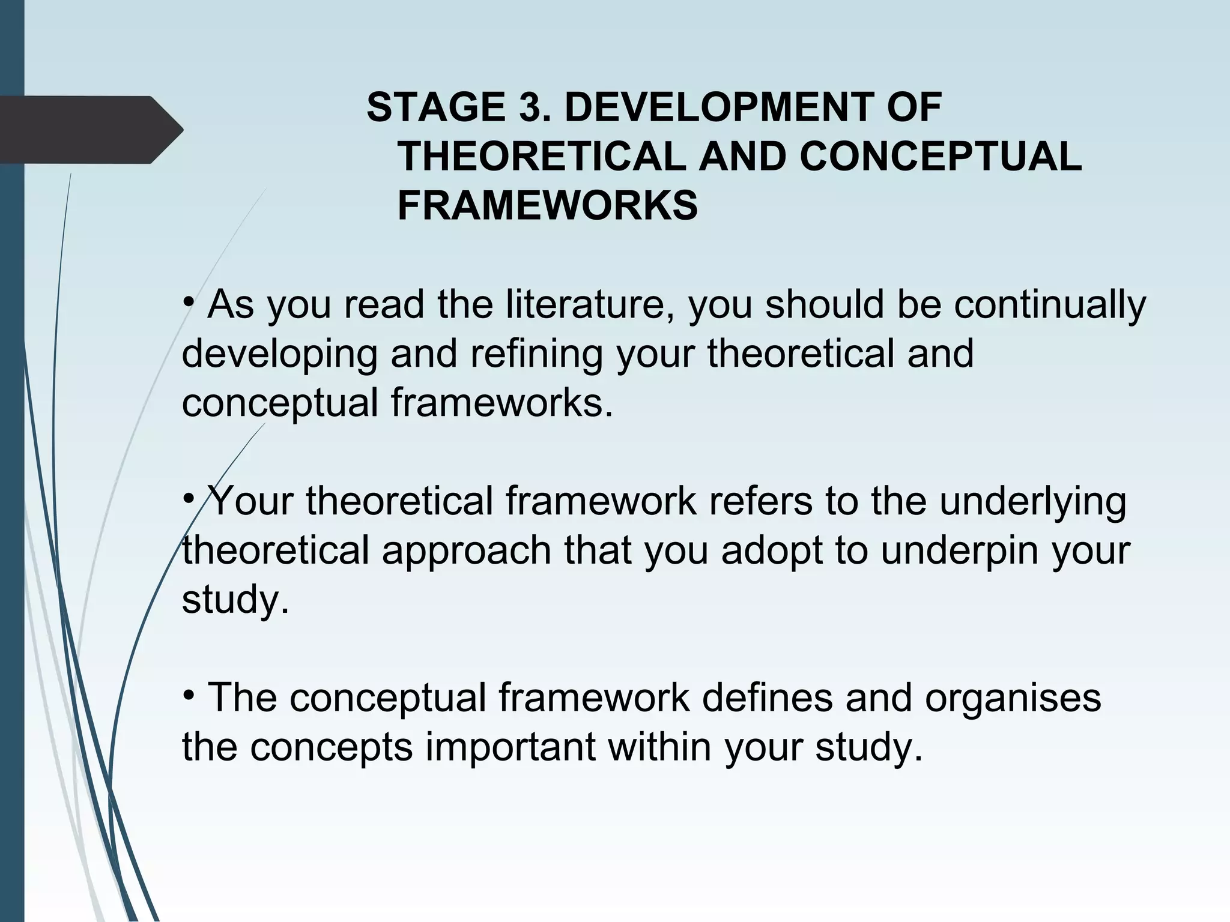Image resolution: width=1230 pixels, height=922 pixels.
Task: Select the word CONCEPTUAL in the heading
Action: point(941,157)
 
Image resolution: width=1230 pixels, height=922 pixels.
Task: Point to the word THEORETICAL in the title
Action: point(541,157)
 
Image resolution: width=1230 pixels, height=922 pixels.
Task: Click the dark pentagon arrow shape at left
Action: point(90,130)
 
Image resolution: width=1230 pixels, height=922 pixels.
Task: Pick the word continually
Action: point(1050,305)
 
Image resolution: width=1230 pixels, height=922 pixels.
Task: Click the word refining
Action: point(536,354)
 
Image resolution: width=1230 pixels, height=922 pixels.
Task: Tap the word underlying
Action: point(1032,502)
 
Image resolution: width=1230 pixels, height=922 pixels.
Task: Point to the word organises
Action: point(1013,698)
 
